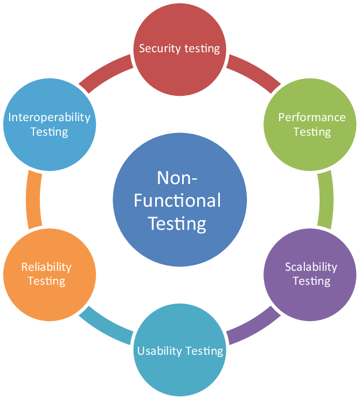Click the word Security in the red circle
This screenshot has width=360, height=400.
click(x=160, y=49)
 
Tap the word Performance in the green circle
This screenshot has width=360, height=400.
click(x=311, y=117)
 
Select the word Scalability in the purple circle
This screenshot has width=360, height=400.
click(x=311, y=267)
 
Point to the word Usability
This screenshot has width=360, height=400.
click(x=160, y=351)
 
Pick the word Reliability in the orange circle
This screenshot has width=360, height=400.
click(x=46, y=267)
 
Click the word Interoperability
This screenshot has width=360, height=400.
click(x=49, y=117)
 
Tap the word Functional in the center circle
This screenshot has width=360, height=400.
click(x=177, y=200)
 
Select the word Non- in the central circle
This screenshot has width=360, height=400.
click(x=177, y=178)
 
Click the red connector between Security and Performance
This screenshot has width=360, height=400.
click(x=253, y=73)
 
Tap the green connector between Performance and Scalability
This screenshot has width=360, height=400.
click(x=326, y=200)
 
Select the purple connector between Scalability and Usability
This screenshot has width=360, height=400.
click(x=253, y=326)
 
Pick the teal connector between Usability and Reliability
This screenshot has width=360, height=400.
click(x=106, y=326)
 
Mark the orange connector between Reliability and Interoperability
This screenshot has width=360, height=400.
click(x=34, y=200)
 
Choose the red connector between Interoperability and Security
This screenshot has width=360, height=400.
click(x=106, y=73)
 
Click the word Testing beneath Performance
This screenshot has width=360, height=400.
click(x=311, y=132)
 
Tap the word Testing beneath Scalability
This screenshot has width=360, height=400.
click(x=311, y=282)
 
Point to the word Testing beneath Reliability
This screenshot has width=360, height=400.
click(x=46, y=282)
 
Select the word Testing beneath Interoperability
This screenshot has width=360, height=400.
click(x=49, y=132)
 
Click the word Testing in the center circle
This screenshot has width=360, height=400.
click(x=177, y=224)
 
